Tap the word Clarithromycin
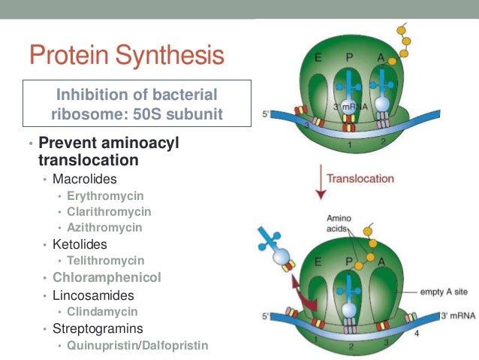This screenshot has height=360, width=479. [x=109, y=212]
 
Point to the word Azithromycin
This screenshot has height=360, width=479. [x=104, y=228]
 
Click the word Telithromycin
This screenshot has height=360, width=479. [x=105, y=260]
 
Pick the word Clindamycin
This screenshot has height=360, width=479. [x=102, y=310]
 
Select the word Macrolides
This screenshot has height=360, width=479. [x=84, y=180]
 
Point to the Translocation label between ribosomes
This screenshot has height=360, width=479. [x=360, y=179]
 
